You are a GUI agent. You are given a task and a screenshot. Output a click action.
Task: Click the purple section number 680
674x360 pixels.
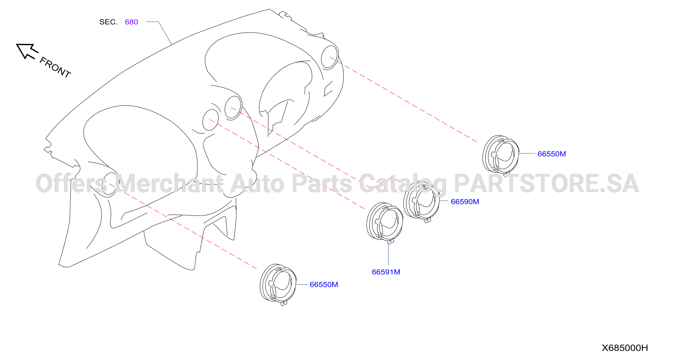coord(131,22)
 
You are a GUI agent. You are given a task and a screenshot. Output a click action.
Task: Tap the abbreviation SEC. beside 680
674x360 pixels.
coord(109,22)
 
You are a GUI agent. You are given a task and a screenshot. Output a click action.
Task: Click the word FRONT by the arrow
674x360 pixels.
coord(55,67)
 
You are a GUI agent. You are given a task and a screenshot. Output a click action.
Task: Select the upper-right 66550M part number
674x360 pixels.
coord(552,154)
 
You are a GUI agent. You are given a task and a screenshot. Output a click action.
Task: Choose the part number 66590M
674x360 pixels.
coord(465,202)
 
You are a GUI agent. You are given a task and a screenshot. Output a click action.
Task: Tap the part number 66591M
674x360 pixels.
coord(386,272)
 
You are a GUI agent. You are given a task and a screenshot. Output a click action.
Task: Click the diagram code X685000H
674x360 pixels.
coord(625,348)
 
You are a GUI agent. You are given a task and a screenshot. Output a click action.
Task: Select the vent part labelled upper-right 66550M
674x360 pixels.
coord(500,155)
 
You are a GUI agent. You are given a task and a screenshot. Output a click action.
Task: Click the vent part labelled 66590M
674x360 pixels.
coord(421,201)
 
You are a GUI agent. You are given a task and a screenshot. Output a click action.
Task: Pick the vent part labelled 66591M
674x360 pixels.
coord(385,222)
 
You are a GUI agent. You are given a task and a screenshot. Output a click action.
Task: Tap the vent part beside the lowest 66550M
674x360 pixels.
coord(278,284)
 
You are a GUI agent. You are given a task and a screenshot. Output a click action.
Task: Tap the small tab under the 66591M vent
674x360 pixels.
coord(390,241)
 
